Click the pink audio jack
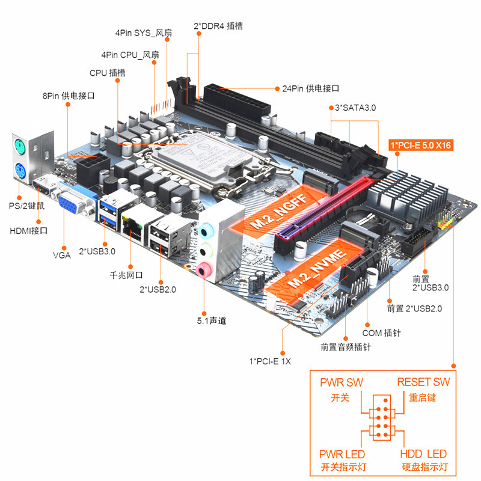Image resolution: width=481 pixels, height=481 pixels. tap(206, 269)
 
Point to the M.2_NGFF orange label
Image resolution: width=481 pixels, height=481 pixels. tap(276, 213)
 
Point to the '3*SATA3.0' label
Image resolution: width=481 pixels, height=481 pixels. tap(354, 108)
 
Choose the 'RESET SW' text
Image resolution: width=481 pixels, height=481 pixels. tap(423, 382)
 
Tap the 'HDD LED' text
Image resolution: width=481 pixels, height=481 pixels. tap(423, 454)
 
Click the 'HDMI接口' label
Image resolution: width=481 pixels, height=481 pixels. tap(28, 230)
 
